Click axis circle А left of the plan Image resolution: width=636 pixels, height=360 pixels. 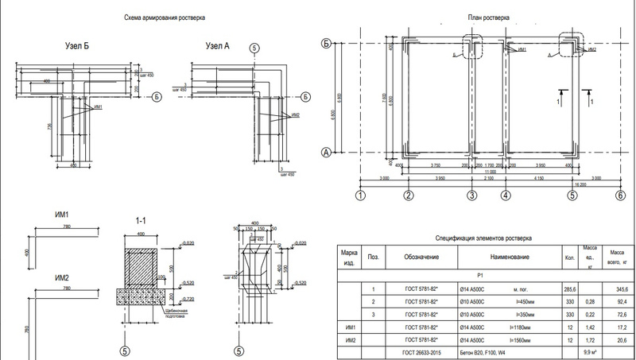pyautogui.click(x=325, y=151)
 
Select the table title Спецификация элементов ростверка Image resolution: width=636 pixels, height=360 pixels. pyautogui.click(x=483, y=238)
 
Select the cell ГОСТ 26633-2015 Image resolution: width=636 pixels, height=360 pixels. pyautogui.click(x=415, y=350)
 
